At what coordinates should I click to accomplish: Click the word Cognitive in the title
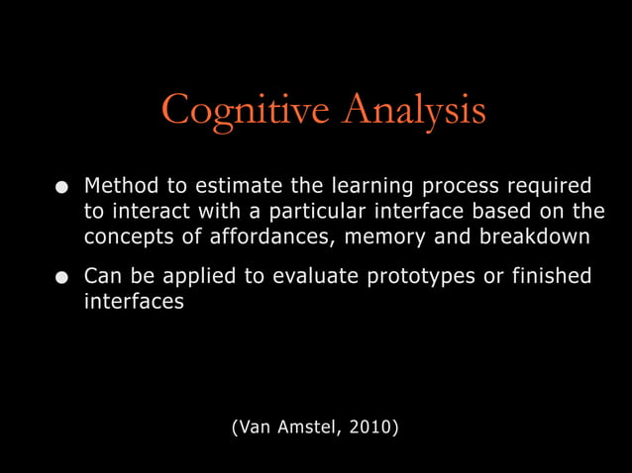pyautogui.click(x=247, y=110)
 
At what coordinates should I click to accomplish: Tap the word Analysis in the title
pyautogui.click(x=414, y=110)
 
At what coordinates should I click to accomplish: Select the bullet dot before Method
pyautogui.click(x=62, y=187)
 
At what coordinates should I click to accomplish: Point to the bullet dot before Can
pyautogui.click(x=62, y=276)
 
